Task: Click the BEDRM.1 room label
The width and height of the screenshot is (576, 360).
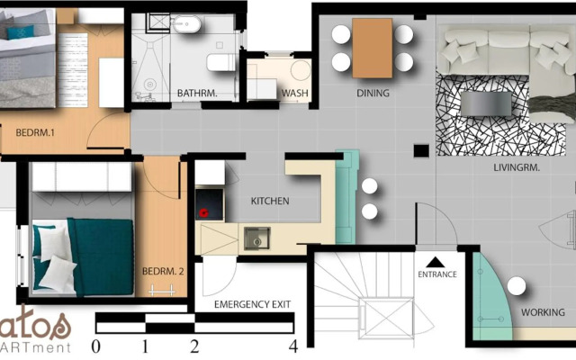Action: click(x=36, y=133)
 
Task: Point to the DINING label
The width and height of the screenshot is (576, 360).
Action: click(x=372, y=93)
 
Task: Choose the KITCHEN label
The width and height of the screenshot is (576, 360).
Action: click(x=269, y=201)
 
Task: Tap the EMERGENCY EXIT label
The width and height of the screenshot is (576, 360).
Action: click(x=252, y=304)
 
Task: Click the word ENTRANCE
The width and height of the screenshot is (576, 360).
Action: click(x=438, y=274)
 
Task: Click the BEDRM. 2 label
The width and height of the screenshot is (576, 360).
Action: click(x=163, y=271)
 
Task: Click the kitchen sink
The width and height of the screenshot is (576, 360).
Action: click(x=256, y=238)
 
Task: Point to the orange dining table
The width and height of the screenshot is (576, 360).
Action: click(x=373, y=49)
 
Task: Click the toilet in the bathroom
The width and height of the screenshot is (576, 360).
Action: click(x=218, y=62)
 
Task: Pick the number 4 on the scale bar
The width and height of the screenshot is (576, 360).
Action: click(x=292, y=346)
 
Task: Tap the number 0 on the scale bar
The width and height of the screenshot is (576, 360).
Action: click(x=96, y=346)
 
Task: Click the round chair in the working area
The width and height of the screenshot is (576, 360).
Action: click(x=516, y=286)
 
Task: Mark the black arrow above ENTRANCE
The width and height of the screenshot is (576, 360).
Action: click(x=438, y=258)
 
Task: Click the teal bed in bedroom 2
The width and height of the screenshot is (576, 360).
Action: click(x=85, y=256)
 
